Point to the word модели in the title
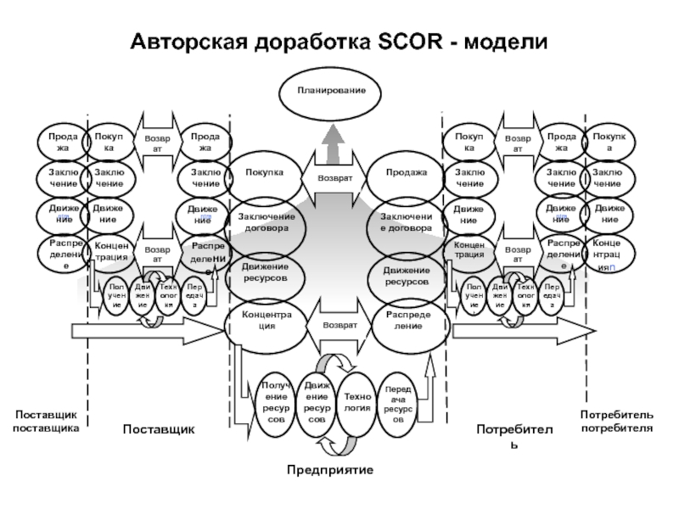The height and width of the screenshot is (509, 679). click(506, 42)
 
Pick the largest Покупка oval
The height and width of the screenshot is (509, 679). click(265, 173)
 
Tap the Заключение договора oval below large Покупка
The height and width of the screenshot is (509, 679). click(266, 222)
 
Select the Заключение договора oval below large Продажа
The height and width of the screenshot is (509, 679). click(407, 222)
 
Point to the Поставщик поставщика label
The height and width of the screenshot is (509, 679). click(46, 422)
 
